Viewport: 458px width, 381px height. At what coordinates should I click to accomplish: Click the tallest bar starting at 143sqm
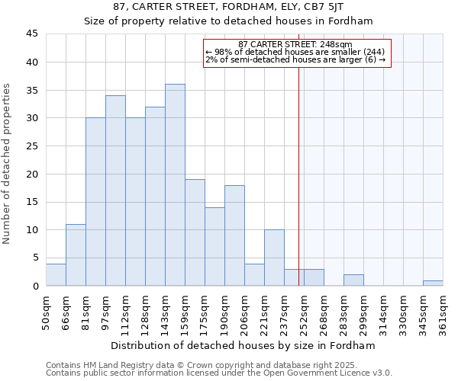coord(175,185)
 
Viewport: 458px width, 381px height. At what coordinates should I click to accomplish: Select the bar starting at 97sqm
coord(115,190)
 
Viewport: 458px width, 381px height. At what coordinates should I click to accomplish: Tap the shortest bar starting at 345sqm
coord(433,283)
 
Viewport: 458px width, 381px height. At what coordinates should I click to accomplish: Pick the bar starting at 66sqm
coord(76,255)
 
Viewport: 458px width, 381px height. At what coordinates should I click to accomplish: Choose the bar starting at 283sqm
coord(353,280)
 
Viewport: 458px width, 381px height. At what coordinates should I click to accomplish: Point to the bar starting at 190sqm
coord(234,235)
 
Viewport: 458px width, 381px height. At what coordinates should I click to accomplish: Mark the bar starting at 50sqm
coord(56,274)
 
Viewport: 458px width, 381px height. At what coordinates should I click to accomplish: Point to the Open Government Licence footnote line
coord(219,373)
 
